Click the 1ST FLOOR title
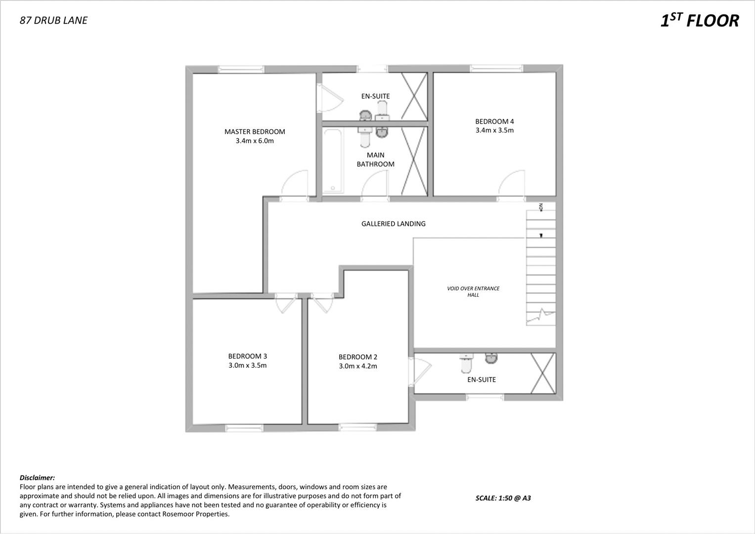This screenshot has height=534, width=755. coord(699,21)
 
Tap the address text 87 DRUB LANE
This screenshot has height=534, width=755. coord(53,20)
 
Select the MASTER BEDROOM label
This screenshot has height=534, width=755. coord(255,132)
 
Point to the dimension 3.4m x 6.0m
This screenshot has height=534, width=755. coord(255,141)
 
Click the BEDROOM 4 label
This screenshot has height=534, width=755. coord(494,121)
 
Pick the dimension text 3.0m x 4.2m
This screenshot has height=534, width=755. coord(358,366)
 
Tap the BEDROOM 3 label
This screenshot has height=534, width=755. coord(247,356)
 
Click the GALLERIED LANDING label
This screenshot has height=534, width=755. coord(393,223)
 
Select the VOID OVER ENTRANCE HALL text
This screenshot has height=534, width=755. coord(473,292)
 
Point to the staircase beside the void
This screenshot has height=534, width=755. coord(540,267)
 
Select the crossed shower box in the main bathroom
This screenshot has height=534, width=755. coord(414,161)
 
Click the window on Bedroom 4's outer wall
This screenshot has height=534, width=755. coord(496,68)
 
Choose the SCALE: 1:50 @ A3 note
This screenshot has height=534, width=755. coord(503,498)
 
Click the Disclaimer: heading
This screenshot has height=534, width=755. coord(37,478)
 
